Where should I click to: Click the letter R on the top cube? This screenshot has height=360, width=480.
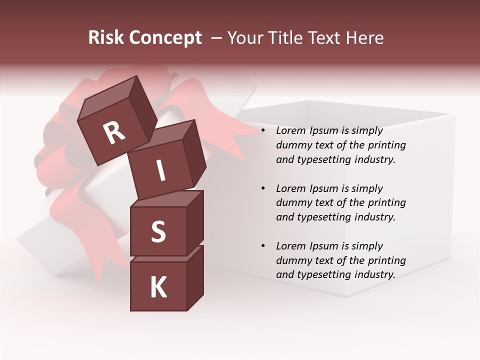pyautogui.click(x=114, y=133)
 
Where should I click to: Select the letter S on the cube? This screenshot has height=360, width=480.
pyautogui.click(x=158, y=232)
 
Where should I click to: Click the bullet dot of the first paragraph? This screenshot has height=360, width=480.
pyautogui.click(x=263, y=131)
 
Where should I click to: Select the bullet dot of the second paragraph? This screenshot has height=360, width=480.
pyautogui.click(x=263, y=189)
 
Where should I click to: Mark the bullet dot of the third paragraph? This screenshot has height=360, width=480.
pyautogui.click(x=263, y=246)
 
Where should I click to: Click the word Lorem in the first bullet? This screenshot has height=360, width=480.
pyautogui.click(x=290, y=131)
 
